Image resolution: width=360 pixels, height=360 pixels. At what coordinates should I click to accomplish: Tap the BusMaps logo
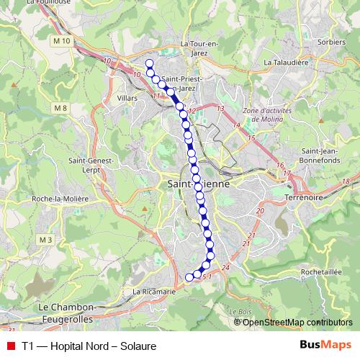pyautogui.click(x=325, y=345)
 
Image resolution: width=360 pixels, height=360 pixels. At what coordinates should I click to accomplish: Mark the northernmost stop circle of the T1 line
pyautogui.click(x=149, y=63)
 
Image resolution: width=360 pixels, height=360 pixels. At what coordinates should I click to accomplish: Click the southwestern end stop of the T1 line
pyautogui.click(x=190, y=277)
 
